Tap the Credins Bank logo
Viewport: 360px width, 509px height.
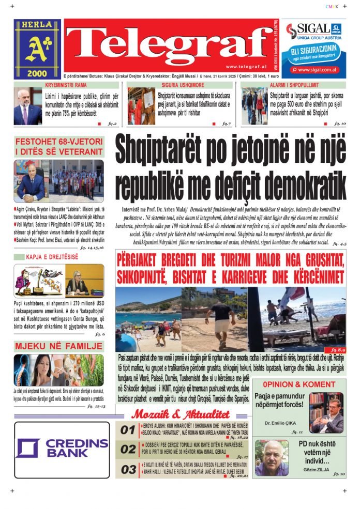click(x=62, y=449)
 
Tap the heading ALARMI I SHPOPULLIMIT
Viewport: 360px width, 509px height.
click(x=294, y=84)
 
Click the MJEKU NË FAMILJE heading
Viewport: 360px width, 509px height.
click(x=58, y=346)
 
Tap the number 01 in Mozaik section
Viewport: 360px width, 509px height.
click(x=128, y=430)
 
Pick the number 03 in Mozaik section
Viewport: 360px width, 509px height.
click(x=128, y=470)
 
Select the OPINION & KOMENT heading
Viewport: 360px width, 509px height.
click(x=299, y=384)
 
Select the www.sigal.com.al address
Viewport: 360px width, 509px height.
click(x=318, y=69)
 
